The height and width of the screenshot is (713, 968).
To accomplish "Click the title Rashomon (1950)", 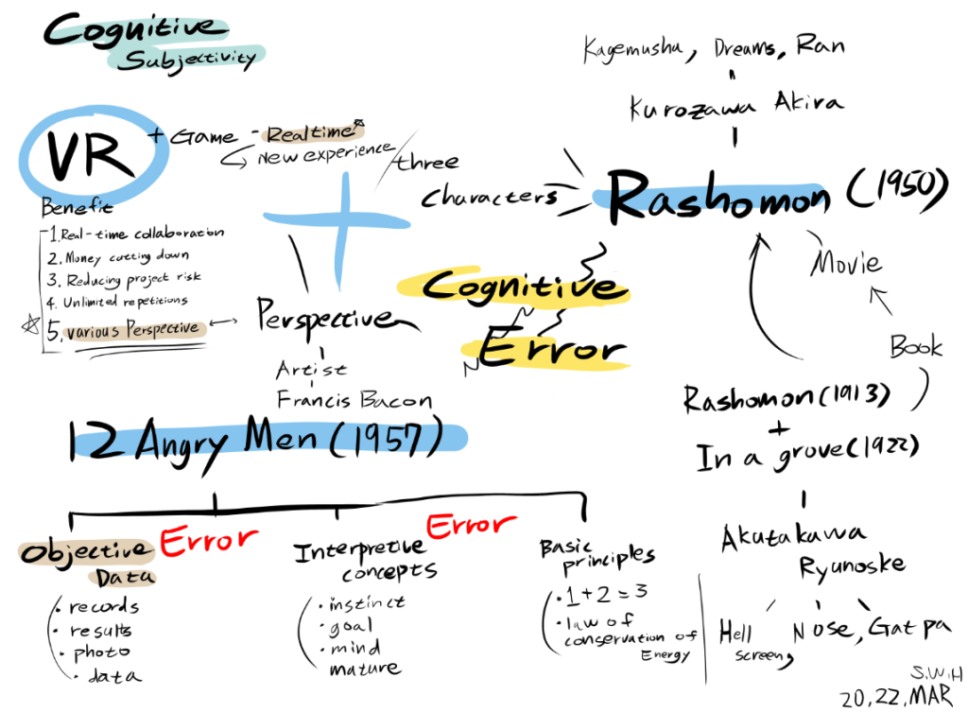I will (775, 197).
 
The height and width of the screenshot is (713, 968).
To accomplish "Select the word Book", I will (915, 346).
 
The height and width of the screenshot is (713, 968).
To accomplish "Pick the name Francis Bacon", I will (354, 399).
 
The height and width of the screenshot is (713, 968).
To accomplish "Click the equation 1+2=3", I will (592, 595).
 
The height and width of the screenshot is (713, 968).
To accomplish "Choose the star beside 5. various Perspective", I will (28, 327).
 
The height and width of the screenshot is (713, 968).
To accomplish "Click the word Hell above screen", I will (735, 632).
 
